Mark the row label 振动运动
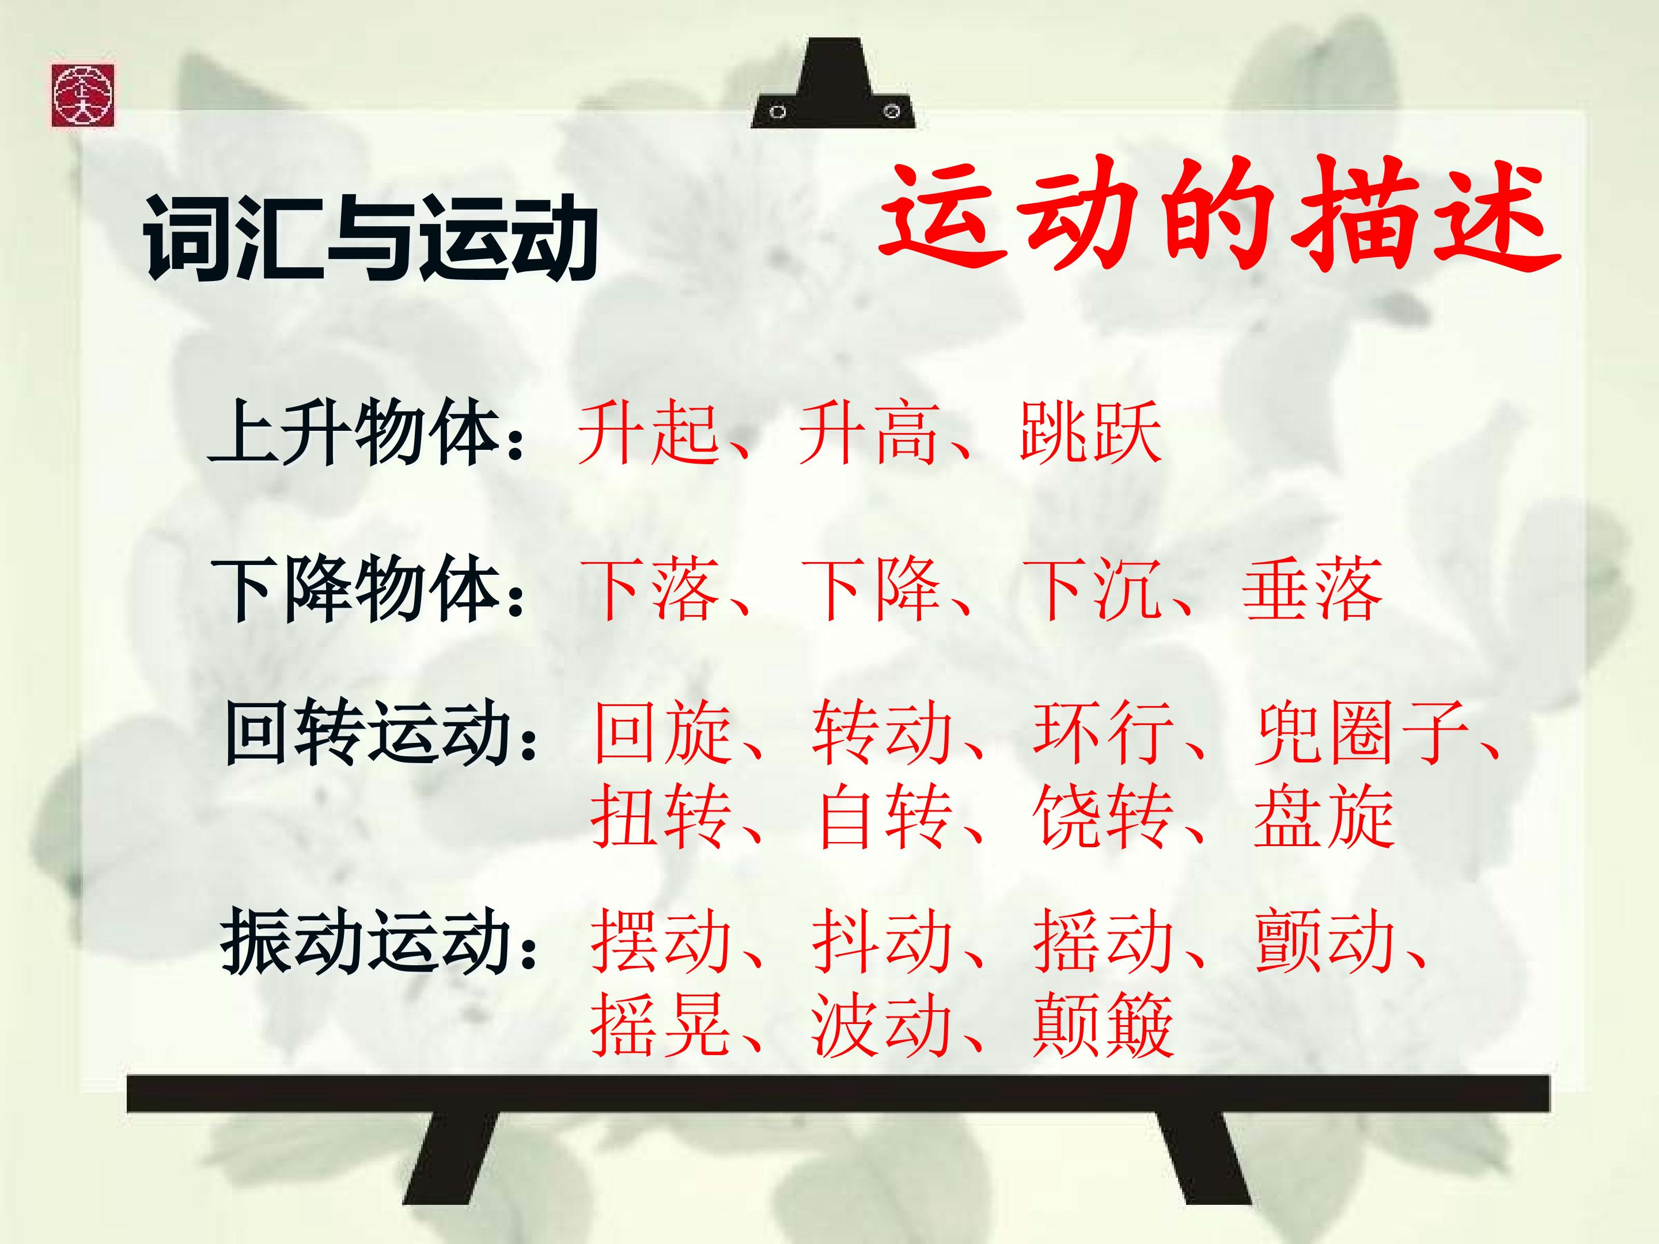click(367, 940)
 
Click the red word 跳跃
click(1090, 433)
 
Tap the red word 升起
click(649, 433)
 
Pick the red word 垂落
click(1312, 591)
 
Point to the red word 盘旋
click(1324, 817)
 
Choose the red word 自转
click(885, 817)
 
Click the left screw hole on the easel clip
click(778, 112)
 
